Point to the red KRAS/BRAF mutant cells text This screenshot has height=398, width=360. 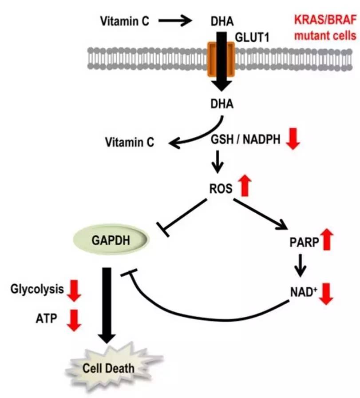(327, 28)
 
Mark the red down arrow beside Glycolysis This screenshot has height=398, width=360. (74, 291)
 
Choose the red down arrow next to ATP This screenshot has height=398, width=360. (74, 320)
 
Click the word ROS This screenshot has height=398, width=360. (221, 188)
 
